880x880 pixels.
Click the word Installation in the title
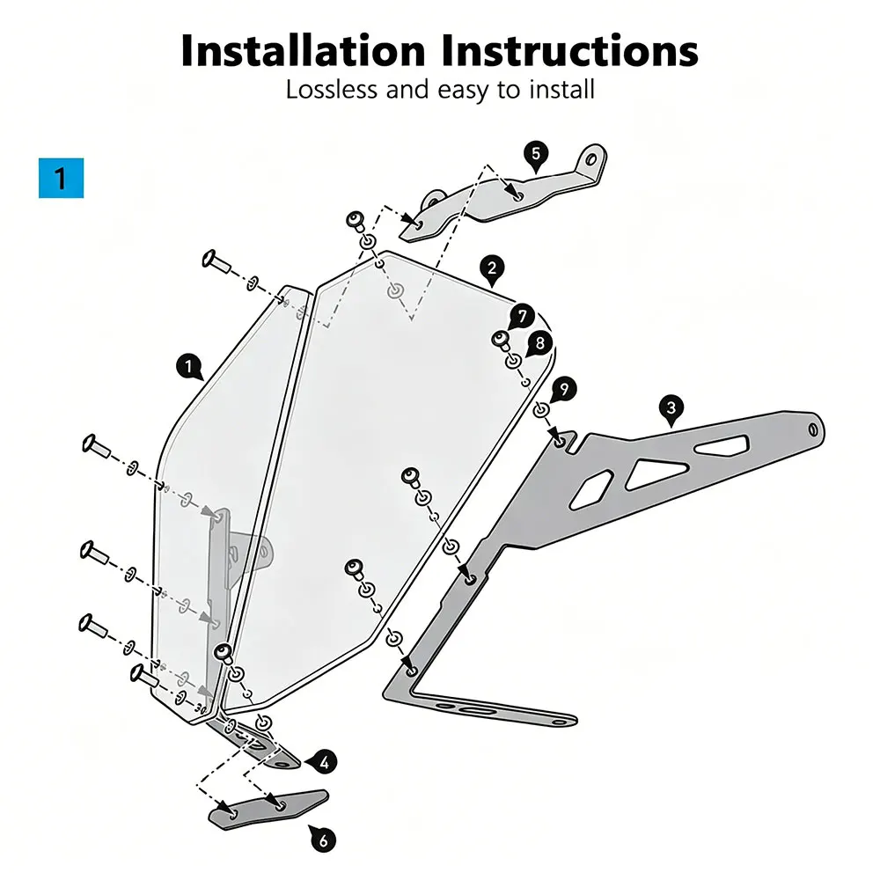point(303,51)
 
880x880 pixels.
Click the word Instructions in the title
point(569,51)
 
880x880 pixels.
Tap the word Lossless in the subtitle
point(331,90)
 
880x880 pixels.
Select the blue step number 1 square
point(62,178)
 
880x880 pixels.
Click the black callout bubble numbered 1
point(189,368)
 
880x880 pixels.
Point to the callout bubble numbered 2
point(492,269)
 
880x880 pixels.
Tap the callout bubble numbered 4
point(324,763)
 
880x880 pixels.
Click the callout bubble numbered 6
point(323,840)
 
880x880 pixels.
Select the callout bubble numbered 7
point(522,317)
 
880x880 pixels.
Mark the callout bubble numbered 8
point(539,343)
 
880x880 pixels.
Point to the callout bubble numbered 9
point(563,390)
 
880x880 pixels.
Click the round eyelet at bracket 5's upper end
point(591,159)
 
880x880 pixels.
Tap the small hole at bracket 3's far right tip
point(812,430)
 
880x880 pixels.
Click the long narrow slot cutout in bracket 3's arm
point(722,445)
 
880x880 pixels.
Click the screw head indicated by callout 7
point(500,340)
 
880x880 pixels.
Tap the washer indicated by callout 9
point(541,409)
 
